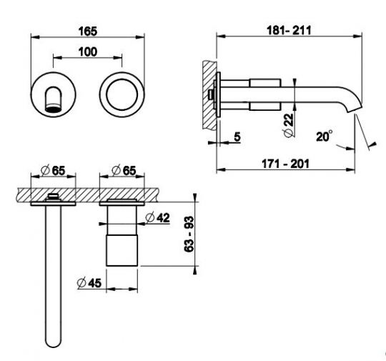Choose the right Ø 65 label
(124, 170)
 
